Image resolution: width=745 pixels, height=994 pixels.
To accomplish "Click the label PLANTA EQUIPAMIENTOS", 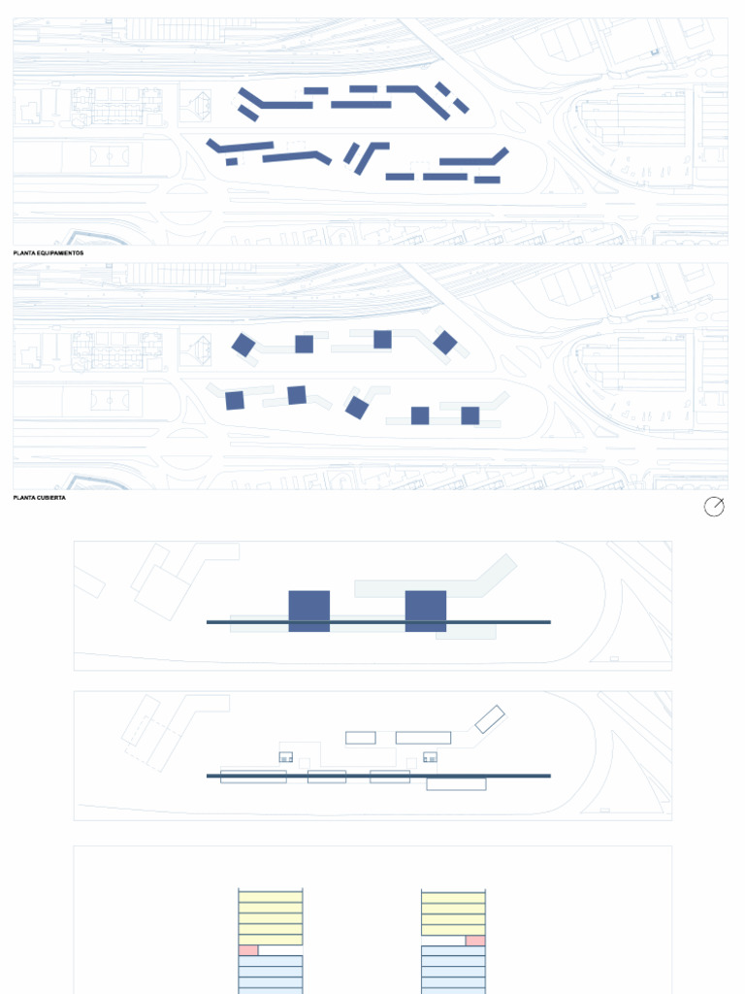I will (x=49, y=252).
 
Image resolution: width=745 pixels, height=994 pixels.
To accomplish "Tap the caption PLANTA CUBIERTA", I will (x=38, y=497).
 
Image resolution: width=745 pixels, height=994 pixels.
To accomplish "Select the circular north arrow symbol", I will (x=714, y=507).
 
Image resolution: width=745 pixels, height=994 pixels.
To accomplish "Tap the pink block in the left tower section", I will (x=248, y=950).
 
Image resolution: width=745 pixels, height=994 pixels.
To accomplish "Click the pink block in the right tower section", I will (x=474, y=941).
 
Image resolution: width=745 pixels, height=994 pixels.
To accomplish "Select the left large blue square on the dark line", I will (x=309, y=611).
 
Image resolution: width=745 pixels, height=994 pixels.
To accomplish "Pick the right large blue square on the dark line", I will (x=426, y=611).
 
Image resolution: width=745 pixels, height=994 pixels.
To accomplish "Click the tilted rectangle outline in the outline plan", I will (x=490, y=719).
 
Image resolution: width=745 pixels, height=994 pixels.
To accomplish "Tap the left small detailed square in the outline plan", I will (x=286, y=756).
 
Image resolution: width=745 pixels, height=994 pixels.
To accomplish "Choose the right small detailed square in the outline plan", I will (x=430, y=756).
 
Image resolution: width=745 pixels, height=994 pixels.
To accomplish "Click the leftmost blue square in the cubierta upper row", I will (x=243, y=345).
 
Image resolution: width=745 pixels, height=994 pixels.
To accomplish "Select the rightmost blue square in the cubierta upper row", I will (x=444, y=342).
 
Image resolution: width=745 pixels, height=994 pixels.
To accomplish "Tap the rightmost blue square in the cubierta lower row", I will (x=470, y=415).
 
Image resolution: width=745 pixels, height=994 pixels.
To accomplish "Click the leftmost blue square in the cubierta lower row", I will (x=235, y=400).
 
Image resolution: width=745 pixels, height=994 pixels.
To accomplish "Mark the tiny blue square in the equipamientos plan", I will (x=231, y=162).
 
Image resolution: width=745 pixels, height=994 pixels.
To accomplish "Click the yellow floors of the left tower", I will (x=271, y=917).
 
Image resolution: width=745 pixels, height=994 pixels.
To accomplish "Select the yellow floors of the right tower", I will (x=453, y=912).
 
